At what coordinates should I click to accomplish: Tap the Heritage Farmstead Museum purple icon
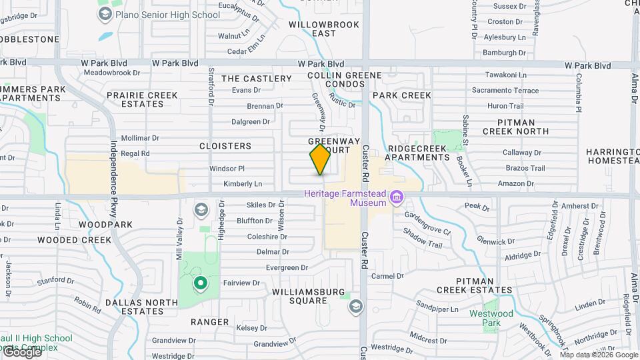(x=397, y=197)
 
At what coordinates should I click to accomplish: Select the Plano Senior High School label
(x=167, y=15)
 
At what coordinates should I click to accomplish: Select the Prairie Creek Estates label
(x=143, y=100)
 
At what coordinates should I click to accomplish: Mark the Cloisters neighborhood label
(x=225, y=146)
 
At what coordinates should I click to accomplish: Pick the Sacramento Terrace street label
(x=505, y=90)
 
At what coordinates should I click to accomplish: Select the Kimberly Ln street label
(x=243, y=183)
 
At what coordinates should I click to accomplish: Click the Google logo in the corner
(x=21, y=352)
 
